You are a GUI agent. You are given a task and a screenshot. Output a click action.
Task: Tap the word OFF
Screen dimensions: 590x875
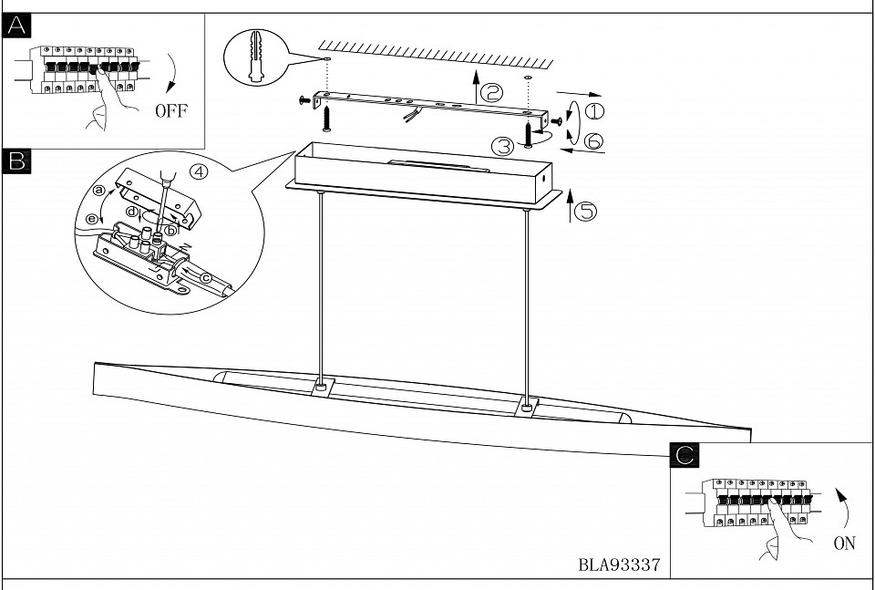(170, 111)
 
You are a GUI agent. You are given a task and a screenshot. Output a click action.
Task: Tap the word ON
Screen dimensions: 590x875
(844, 543)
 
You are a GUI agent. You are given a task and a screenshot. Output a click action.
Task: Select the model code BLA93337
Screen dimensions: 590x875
(619, 564)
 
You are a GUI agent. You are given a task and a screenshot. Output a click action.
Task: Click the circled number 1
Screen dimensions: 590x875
(593, 112)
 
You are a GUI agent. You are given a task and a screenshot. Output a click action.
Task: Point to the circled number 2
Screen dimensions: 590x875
(492, 91)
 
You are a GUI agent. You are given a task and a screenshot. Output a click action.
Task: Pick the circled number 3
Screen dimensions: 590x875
(502, 144)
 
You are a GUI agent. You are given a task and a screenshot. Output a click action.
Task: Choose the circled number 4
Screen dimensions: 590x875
(200, 171)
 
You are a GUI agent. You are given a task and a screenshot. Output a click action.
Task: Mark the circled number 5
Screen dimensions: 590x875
(587, 211)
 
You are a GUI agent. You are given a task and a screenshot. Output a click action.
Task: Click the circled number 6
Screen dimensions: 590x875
(593, 140)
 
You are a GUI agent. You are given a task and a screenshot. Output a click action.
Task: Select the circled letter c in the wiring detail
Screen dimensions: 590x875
(205, 277)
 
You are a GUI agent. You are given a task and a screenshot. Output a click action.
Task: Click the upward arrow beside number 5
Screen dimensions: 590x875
(571, 205)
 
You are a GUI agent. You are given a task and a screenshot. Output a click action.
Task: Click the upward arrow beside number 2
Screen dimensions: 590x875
(474, 88)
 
